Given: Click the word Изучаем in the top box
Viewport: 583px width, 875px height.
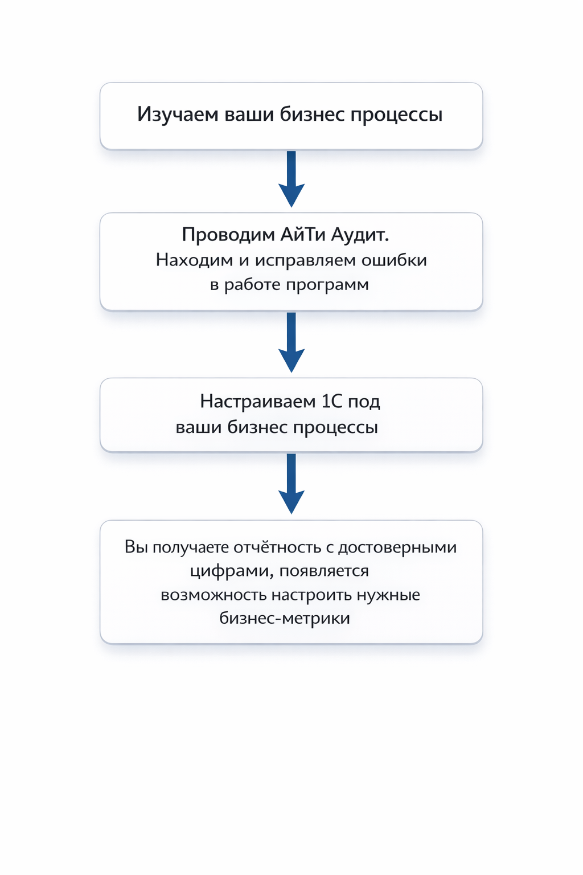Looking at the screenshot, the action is [177, 115].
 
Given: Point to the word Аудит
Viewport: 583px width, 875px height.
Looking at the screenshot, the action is [360, 235].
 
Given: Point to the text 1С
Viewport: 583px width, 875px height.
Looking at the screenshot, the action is [332, 402].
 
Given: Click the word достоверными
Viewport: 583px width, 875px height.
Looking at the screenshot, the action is [397, 548].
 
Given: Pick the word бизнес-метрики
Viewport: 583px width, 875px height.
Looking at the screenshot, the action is [284, 618].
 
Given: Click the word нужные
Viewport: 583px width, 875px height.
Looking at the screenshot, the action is [388, 595].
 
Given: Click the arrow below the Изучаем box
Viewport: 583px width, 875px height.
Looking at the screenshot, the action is [291, 179].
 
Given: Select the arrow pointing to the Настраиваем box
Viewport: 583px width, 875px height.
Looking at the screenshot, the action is [291, 342].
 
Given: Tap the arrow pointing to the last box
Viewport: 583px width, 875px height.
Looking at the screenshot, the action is [291, 484].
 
